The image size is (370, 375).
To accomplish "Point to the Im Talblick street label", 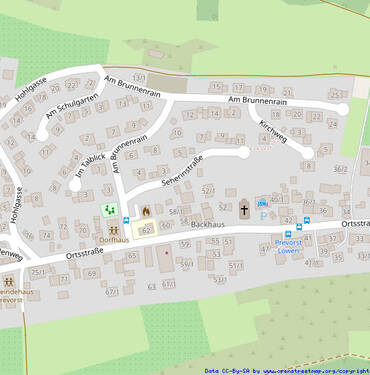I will tap(89, 168).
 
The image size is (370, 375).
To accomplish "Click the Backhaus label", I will tap(205, 227).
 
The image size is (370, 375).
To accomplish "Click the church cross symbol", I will tap(243, 210).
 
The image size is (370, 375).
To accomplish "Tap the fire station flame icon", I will tap(146, 211).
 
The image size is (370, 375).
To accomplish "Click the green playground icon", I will tap(108, 211).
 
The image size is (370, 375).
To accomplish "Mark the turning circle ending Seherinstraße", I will tap(244, 152).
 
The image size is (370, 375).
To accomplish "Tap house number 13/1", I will tap(139, 77).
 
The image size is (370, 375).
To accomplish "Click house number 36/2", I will tap(340, 170).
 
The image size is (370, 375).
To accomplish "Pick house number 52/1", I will tap(208, 189).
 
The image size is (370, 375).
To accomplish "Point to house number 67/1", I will tap(112, 291).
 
